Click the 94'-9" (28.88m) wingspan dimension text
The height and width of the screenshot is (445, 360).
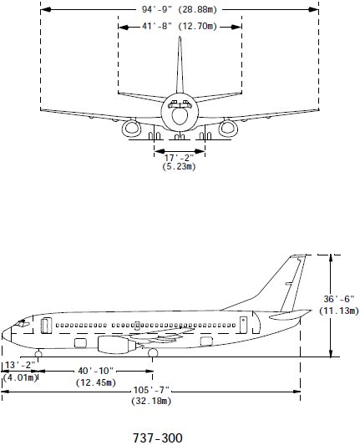179,10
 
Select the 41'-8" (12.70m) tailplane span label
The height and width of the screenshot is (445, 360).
179,27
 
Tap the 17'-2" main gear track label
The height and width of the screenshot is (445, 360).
179,158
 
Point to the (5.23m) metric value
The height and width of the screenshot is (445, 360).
179,166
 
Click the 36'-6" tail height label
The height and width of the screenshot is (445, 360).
339,299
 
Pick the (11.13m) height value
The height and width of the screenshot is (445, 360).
339,311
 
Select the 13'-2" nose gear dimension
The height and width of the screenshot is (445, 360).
20,365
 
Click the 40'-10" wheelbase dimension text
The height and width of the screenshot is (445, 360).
95,371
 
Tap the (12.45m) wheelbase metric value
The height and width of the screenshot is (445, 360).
96,382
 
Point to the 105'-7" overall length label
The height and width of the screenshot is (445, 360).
151,390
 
